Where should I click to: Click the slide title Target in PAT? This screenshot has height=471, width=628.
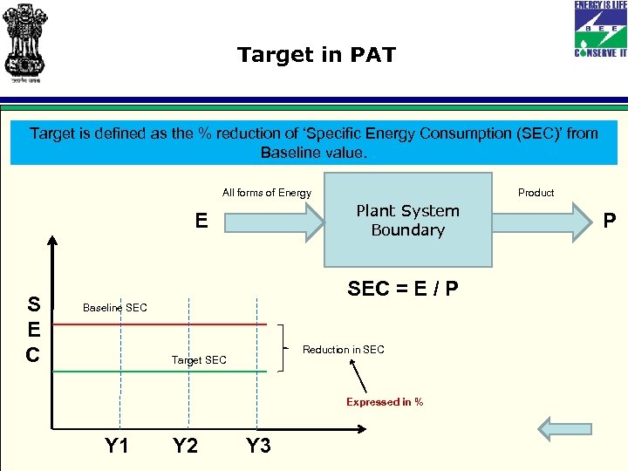pyautogui.click(x=316, y=56)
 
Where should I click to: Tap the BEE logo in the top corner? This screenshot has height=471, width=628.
pyautogui.click(x=599, y=28)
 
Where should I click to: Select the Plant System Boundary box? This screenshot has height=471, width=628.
pyautogui.click(x=408, y=220)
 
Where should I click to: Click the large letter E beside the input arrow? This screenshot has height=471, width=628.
pyautogui.click(x=201, y=222)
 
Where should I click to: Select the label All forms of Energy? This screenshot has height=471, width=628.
pyautogui.click(x=266, y=193)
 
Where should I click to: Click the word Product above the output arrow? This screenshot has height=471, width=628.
pyautogui.click(x=536, y=193)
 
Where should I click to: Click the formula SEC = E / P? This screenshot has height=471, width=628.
pyautogui.click(x=402, y=289)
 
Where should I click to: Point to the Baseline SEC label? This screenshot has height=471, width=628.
pyautogui.click(x=114, y=308)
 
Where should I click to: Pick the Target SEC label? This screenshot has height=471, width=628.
pyautogui.click(x=199, y=360)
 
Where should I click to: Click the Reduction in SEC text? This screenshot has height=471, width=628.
pyautogui.click(x=343, y=350)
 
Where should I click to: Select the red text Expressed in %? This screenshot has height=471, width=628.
pyautogui.click(x=385, y=402)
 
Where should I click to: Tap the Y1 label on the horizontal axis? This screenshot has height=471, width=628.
pyautogui.click(x=117, y=447)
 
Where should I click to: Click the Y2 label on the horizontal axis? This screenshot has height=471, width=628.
pyautogui.click(x=185, y=447)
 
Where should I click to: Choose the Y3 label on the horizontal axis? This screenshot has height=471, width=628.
pyautogui.click(x=258, y=447)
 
